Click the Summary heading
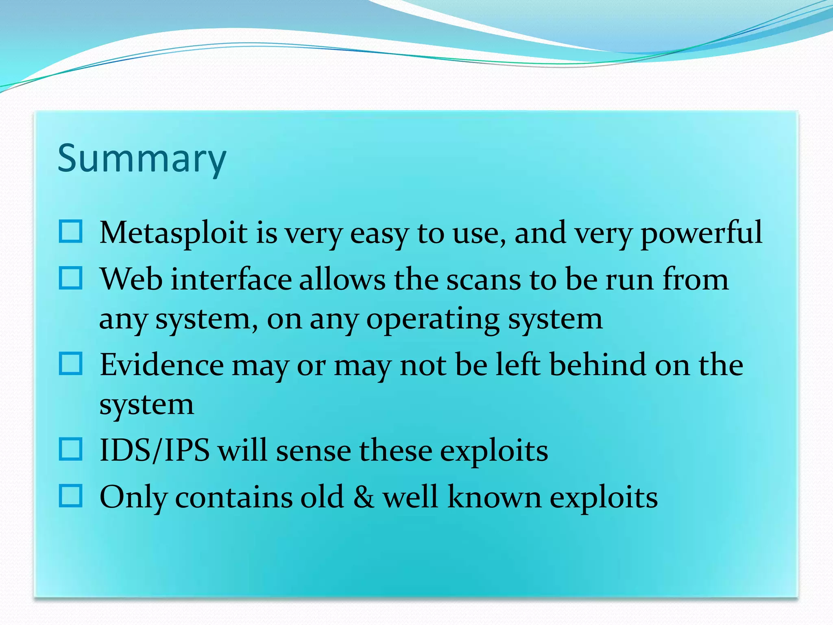click(x=142, y=159)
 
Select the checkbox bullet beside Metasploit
click(x=71, y=232)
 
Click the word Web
click(x=131, y=280)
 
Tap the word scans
click(x=484, y=280)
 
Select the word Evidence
click(x=161, y=365)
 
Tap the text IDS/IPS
click(x=155, y=451)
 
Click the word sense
click(x=313, y=451)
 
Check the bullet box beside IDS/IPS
click(x=71, y=449)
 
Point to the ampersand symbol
click(x=363, y=497)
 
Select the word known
click(x=494, y=497)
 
